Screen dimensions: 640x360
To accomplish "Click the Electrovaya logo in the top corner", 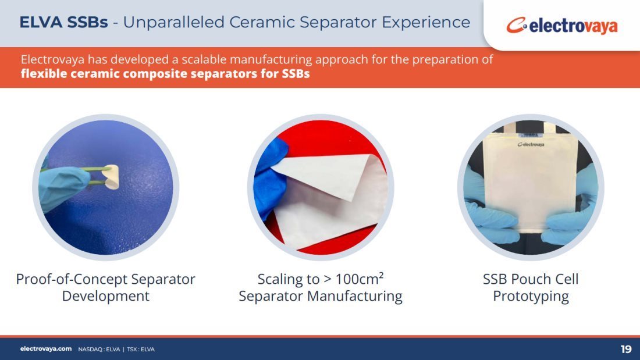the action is (x=562, y=26).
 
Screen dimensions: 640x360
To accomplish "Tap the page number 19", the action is (x=625, y=349).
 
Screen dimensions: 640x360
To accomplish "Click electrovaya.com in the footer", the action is (x=46, y=349).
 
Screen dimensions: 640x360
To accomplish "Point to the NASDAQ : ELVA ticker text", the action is (x=99, y=350).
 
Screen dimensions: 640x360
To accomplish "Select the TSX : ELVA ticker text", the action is (x=141, y=350).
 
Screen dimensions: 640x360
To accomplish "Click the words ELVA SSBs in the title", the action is (x=63, y=22).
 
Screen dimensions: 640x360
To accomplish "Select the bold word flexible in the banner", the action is (x=44, y=74).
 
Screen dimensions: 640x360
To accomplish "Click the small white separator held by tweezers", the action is (x=111, y=177).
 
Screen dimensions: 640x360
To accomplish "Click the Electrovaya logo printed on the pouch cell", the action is (x=531, y=144).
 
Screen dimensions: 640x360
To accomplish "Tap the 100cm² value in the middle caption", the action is (x=359, y=279).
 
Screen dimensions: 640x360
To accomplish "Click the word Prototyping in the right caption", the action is (x=531, y=297).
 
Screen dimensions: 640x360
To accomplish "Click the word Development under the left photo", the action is (x=106, y=297).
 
